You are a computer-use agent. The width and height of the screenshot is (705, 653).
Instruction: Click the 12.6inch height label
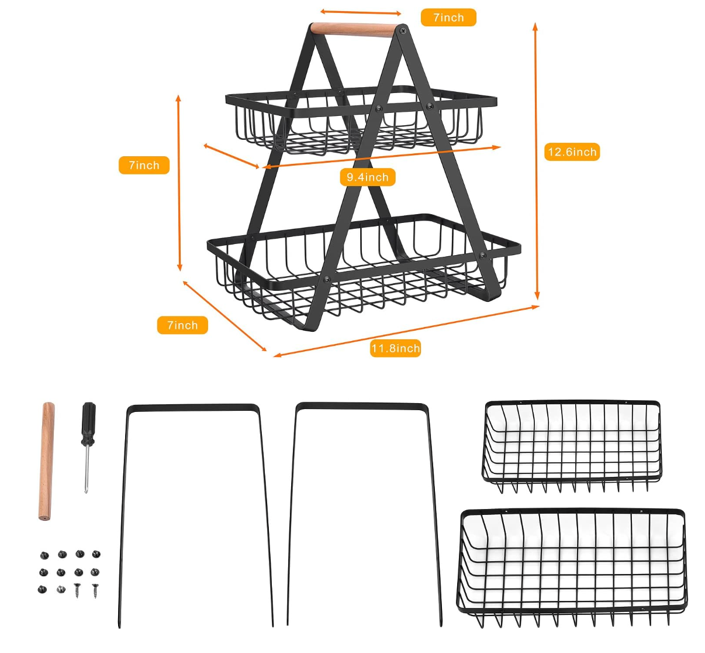572,152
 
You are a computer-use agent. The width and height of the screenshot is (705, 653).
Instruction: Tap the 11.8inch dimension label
396,349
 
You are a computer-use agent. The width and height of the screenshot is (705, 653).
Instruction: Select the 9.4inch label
368,177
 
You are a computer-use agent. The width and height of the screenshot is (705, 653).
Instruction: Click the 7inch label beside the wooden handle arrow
448,18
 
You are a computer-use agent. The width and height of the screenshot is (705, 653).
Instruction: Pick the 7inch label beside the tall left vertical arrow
144,165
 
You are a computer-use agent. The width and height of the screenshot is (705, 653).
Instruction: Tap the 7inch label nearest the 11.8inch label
182,325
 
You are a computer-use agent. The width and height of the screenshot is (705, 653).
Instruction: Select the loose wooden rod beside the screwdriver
47,460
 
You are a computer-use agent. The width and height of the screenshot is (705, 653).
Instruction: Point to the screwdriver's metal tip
87,486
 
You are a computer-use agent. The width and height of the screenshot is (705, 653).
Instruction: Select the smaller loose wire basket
572,445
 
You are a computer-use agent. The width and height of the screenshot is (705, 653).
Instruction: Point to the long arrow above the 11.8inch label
406,331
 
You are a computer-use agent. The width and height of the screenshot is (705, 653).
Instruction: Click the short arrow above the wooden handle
361,12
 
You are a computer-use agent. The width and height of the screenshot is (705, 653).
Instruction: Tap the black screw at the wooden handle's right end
402,29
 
